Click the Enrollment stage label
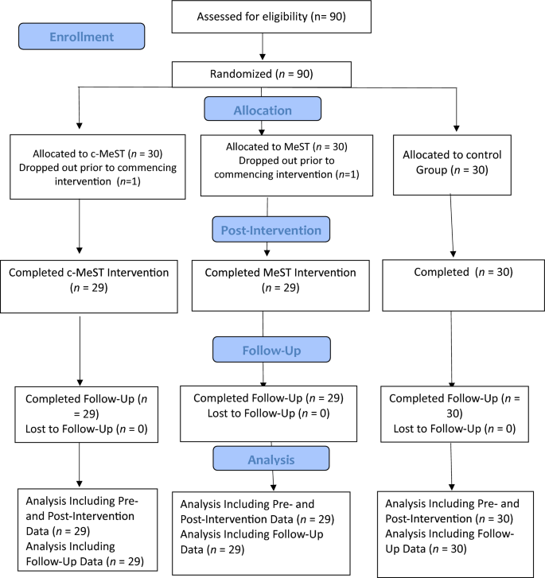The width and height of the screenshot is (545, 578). [81, 37]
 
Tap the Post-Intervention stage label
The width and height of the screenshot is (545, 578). [271, 231]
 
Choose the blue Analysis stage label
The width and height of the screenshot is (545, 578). [271, 459]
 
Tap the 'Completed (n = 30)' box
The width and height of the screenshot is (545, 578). [454, 284]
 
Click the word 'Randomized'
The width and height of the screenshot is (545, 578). [243, 76]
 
